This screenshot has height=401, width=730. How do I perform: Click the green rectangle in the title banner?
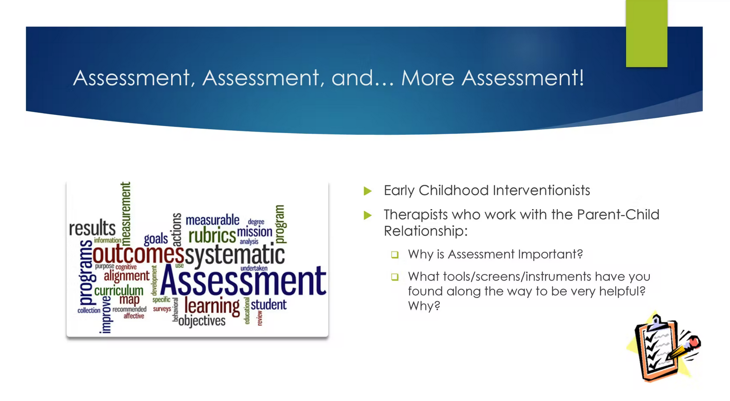click(646, 34)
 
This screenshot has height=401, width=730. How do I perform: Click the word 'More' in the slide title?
click(428, 78)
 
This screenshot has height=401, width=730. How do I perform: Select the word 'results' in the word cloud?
click(92, 228)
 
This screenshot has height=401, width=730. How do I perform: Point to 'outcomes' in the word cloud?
click(138, 254)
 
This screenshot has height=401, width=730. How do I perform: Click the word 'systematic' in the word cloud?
click(235, 255)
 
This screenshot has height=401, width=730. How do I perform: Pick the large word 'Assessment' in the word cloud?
click(243, 281)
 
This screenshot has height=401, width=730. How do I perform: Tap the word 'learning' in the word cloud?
click(212, 306)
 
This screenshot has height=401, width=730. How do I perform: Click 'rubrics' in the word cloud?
click(212, 236)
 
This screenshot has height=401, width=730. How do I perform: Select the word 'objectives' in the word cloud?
click(202, 321)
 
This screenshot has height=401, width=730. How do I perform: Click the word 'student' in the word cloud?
click(268, 304)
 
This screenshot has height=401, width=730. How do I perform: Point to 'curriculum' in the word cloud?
click(119, 290)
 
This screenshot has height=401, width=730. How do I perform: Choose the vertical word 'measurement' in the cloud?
click(126, 213)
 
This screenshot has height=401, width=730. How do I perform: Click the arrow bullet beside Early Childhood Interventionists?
click(368, 191)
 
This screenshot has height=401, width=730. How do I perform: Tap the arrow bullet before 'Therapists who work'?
click(368, 215)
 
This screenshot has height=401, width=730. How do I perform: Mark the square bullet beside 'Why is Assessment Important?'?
click(395, 255)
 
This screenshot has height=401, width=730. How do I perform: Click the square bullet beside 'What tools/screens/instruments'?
click(395, 277)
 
